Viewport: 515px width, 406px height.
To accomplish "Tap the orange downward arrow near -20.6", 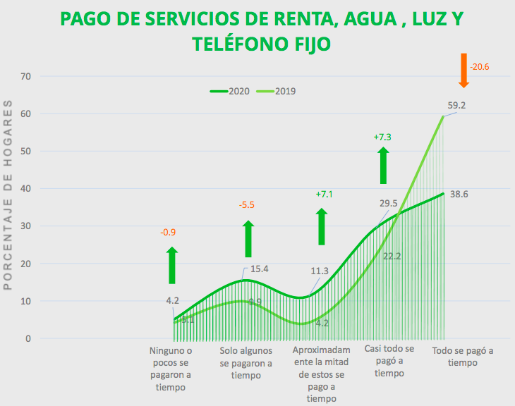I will (464, 70).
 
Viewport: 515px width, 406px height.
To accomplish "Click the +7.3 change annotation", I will (382, 137).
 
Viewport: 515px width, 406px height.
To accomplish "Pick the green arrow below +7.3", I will (383, 166).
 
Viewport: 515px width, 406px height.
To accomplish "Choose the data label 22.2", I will (392, 256).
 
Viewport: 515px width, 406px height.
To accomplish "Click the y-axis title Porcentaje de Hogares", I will (8, 195).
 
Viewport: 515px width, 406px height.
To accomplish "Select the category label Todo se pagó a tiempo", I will (462, 356).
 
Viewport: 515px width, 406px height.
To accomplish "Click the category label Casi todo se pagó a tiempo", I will (389, 361).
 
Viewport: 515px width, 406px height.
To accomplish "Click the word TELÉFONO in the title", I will (240, 44).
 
